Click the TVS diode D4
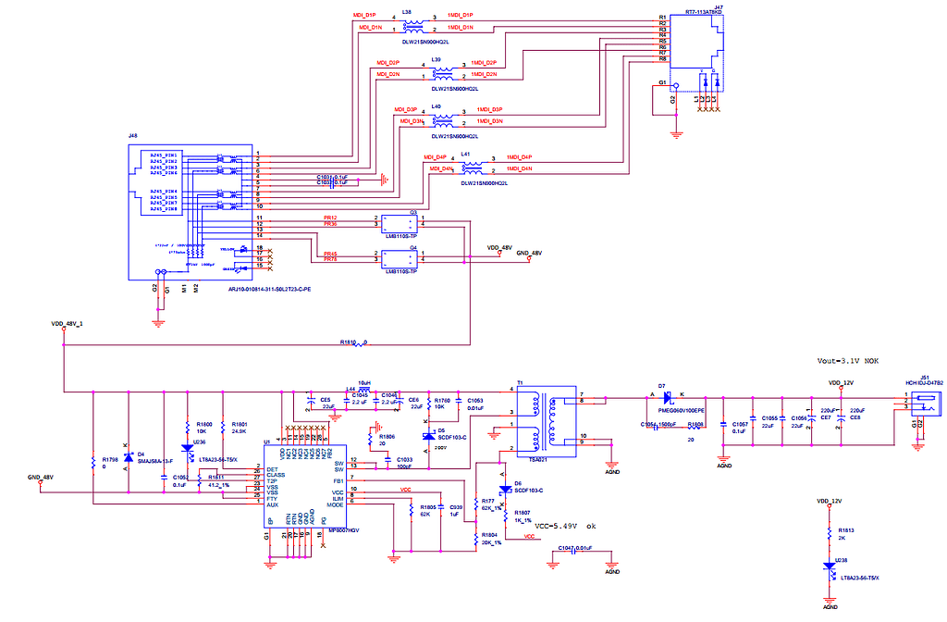click(128, 456)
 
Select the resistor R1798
click(93, 460)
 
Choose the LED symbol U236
click(188, 448)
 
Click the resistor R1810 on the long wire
click(354, 342)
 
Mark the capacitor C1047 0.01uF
click(576, 548)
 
